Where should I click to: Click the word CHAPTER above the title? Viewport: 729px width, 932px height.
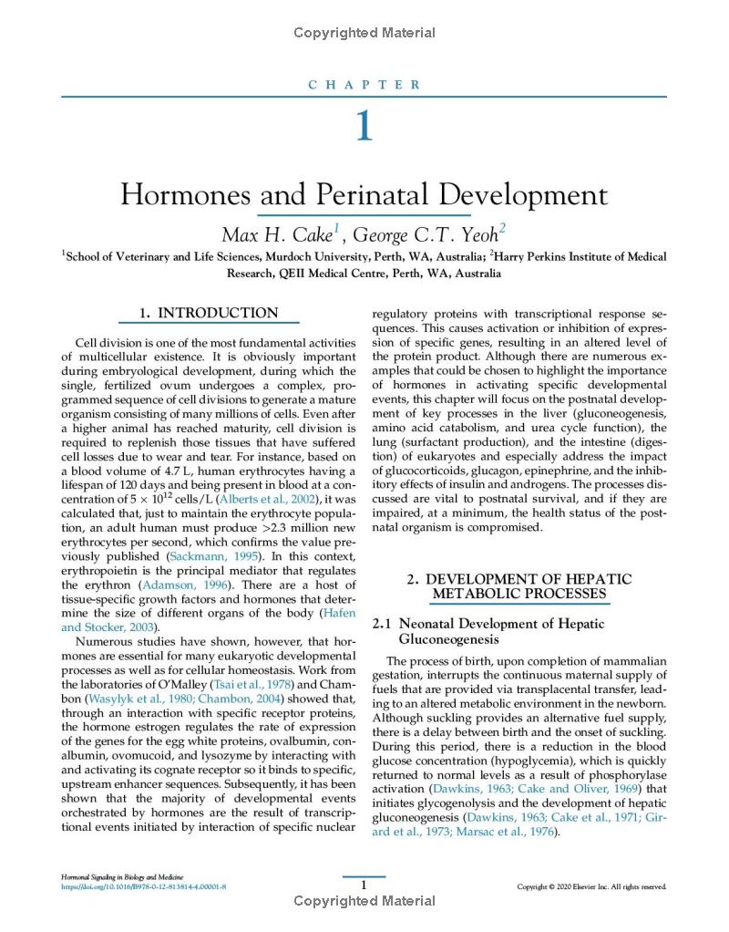[x=364, y=85]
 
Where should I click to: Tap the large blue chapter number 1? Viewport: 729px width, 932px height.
[x=364, y=125]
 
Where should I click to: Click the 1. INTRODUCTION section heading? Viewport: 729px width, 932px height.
[x=209, y=313]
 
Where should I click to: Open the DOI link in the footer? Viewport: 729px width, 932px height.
[x=143, y=885]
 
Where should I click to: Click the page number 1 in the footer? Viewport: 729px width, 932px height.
[x=364, y=885]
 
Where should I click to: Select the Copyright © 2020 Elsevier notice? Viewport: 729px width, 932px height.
[x=591, y=886]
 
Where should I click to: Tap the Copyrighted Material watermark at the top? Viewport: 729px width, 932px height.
[x=364, y=33]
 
